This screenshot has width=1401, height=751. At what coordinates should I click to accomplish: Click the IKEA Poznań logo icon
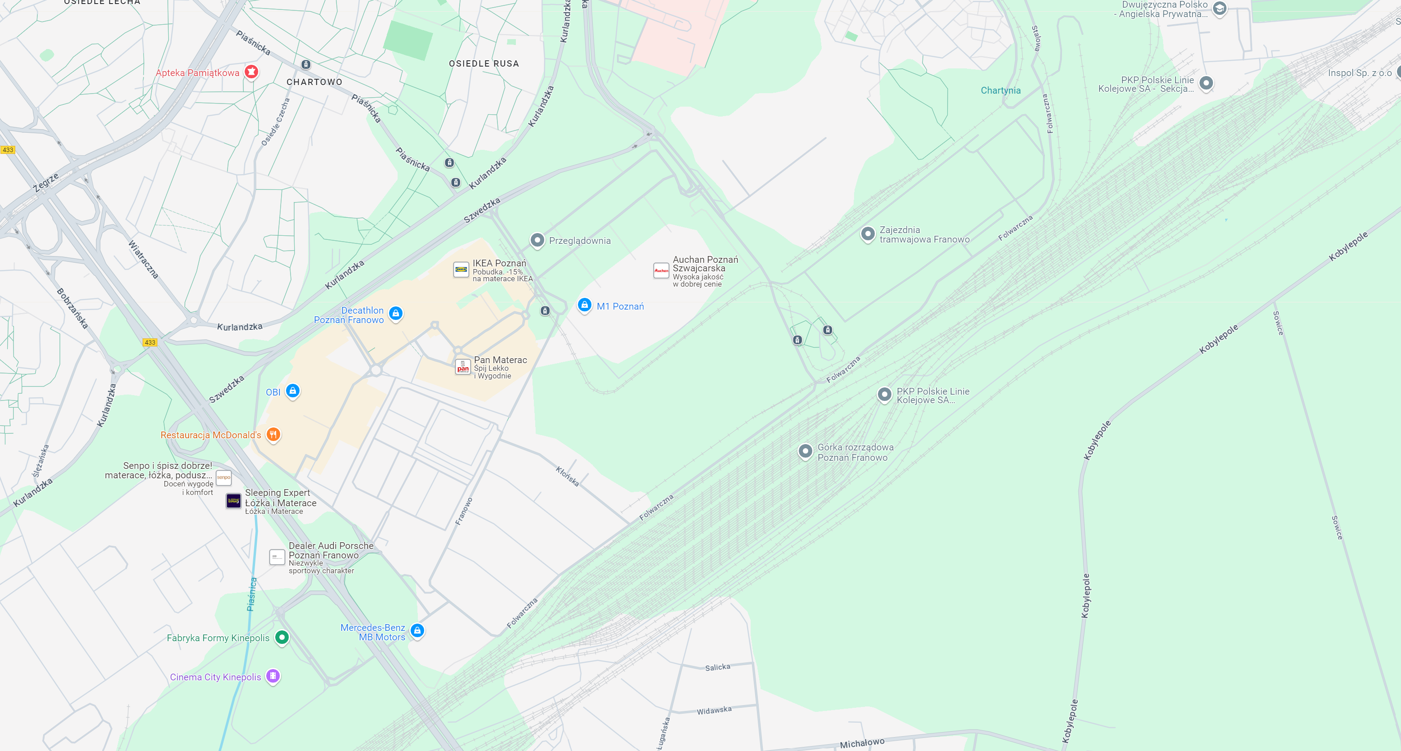point(461,270)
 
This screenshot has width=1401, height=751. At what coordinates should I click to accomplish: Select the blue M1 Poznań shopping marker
point(584,305)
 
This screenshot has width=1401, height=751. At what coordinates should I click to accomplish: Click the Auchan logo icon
point(661,270)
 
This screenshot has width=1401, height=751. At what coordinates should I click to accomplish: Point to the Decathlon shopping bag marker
point(396,313)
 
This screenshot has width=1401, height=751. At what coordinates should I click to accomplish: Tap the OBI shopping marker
point(293,391)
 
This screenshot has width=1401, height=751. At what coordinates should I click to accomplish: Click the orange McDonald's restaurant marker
point(273,434)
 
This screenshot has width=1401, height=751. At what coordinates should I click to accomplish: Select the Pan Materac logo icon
point(463,367)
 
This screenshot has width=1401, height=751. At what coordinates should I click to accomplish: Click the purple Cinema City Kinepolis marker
point(273,676)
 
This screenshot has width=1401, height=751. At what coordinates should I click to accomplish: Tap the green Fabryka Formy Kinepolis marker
point(282,637)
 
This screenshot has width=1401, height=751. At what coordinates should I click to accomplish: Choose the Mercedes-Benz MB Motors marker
point(417,630)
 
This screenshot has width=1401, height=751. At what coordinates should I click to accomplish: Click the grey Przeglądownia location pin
point(537,240)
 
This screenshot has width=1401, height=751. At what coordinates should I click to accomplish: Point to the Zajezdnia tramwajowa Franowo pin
point(868,234)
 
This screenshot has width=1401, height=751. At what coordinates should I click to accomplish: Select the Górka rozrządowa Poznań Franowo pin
point(806,451)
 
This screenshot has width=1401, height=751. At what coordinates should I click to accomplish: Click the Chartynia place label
point(1001,90)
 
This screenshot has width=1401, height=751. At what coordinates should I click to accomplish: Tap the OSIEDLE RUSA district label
point(483,64)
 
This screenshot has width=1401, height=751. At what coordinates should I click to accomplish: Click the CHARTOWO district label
point(314,82)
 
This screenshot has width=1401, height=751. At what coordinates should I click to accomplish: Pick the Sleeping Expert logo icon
point(233,501)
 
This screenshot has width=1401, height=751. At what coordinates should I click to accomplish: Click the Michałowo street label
point(862,743)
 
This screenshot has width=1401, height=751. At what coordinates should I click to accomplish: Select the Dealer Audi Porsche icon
point(278,557)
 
